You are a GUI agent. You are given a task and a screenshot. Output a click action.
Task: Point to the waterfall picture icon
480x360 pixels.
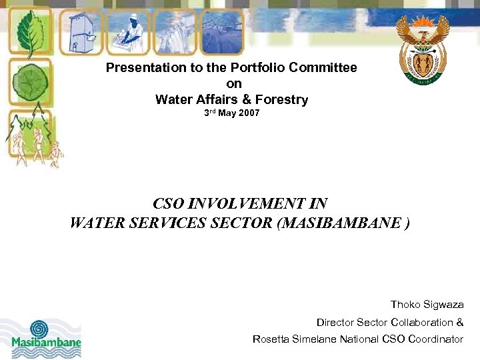[x=176, y=32]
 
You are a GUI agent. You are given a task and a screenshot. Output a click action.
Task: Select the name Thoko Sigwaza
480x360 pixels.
[x=427, y=305]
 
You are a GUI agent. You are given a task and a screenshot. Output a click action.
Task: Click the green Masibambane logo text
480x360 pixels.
[x=46, y=343]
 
